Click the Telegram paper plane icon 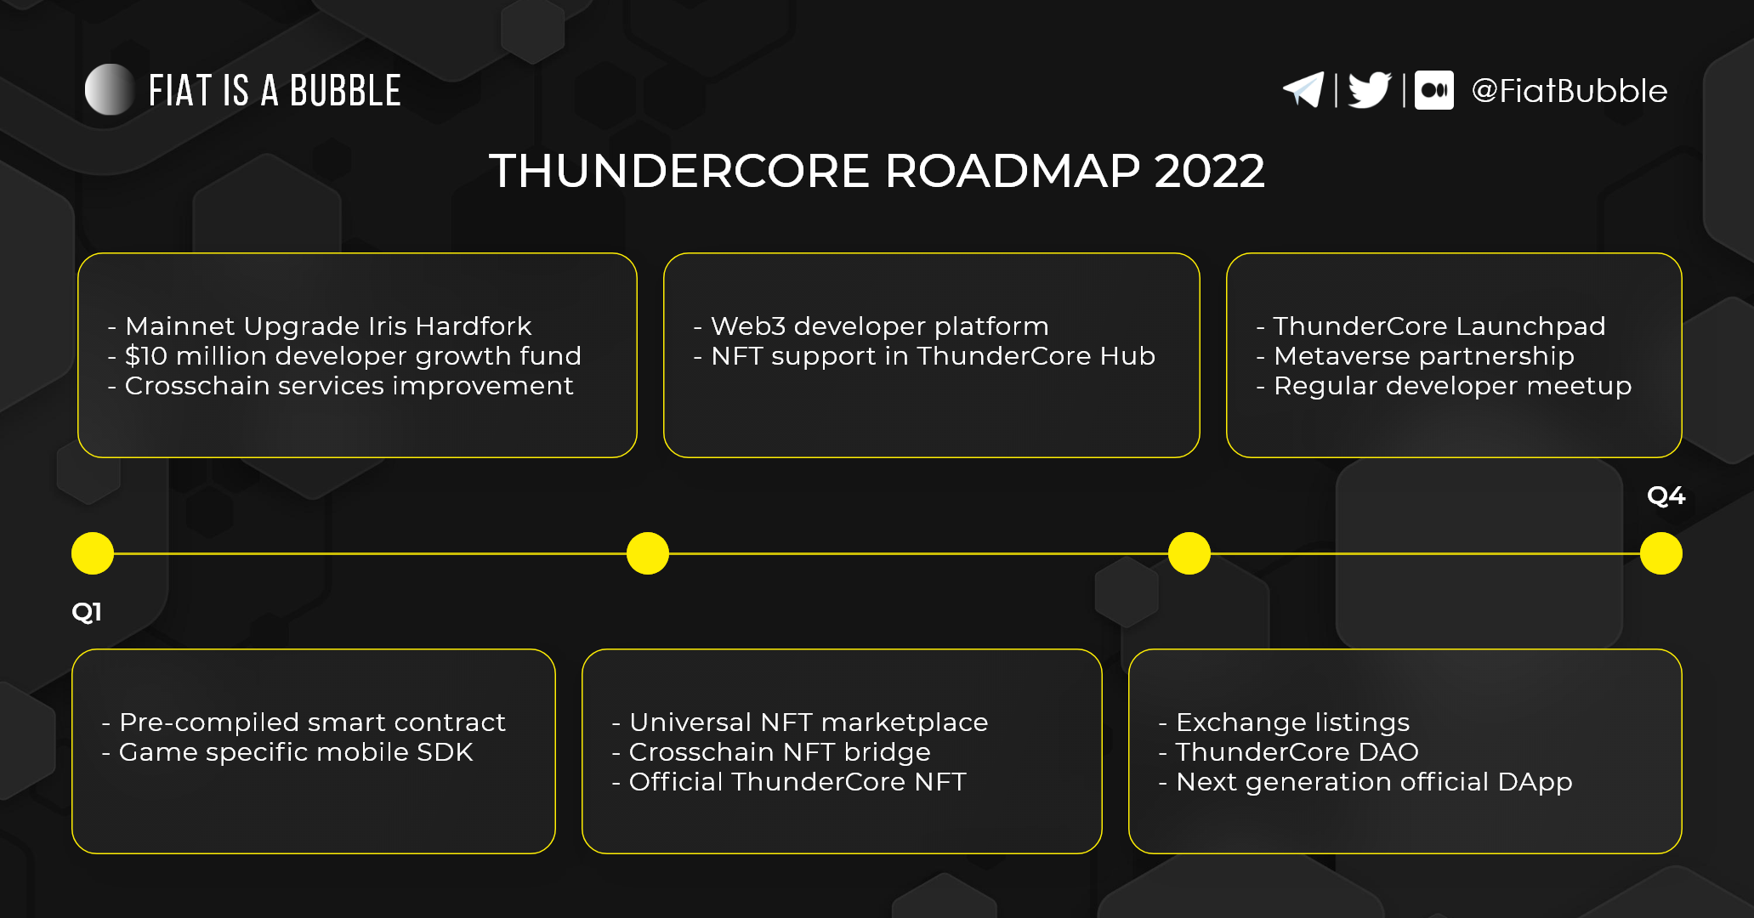[x=1303, y=90]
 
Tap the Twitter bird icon [x=1370, y=90]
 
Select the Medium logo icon [x=1434, y=90]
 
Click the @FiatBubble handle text [x=1570, y=91]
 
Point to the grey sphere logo [x=110, y=89]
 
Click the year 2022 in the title [x=1210, y=171]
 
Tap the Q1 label [x=87, y=611]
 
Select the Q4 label [x=1666, y=496]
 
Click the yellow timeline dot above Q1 [x=93, y=553]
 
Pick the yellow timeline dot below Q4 [x=1661, y=553]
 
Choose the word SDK [x=445, y=751]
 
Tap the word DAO [x=1388, y=751]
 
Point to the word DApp [x=1535, y=782]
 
